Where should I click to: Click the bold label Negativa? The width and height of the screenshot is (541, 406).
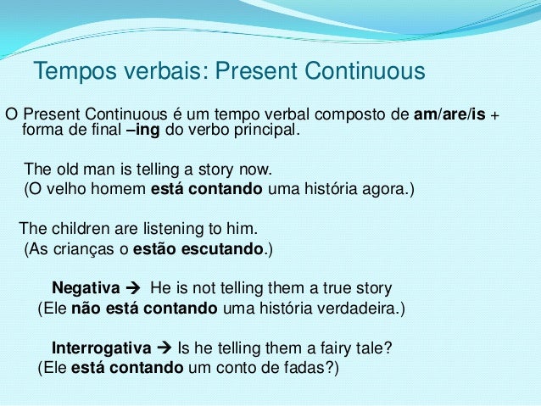pos(86,288)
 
